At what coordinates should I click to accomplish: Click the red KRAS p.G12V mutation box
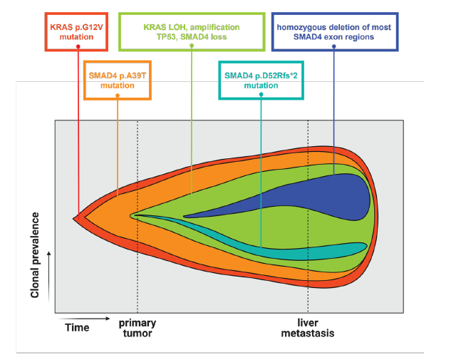77,30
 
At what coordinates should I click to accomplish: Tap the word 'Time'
77,327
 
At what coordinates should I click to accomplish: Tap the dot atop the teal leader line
261,94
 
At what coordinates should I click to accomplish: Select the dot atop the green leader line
192,47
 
